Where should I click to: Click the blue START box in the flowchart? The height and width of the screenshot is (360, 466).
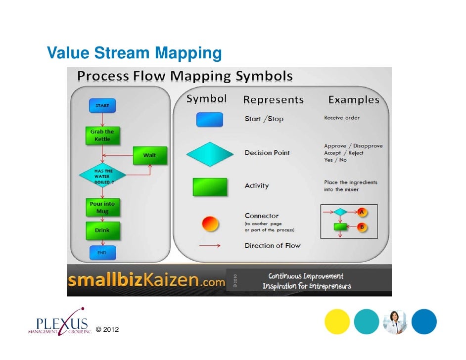102,105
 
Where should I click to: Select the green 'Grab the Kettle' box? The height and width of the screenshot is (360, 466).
102,135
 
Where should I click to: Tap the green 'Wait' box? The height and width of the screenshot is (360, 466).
150,155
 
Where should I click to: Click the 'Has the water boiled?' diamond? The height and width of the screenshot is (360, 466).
103,176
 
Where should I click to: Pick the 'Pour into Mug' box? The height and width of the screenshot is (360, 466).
102,207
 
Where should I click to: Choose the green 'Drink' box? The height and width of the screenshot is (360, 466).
102,230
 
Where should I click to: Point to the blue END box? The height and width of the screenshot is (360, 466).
102,253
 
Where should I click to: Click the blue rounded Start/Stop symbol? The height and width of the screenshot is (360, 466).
210,119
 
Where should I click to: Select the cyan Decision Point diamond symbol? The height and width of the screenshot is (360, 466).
210,154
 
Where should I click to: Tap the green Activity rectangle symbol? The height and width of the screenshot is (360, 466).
210,187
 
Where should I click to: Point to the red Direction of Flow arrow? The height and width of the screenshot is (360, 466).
210,245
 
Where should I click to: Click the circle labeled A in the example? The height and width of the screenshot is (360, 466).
362,212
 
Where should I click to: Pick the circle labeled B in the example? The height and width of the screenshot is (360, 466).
362,227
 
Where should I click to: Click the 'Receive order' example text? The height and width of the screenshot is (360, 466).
342,118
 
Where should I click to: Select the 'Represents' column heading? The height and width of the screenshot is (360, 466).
273,100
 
